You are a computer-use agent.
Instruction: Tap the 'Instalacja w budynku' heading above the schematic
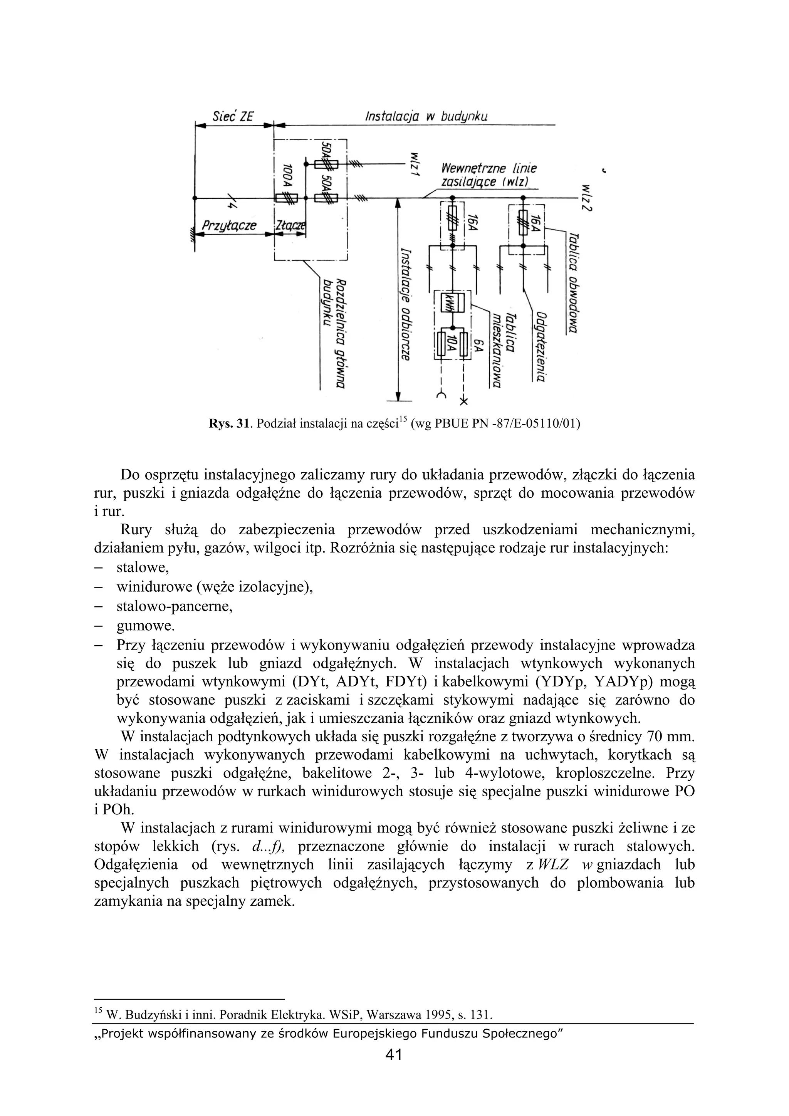click(x=426, y=117)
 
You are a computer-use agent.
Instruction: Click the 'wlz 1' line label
click(x=414, y=166)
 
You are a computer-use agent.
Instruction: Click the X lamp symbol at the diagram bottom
click(x=464, y=401)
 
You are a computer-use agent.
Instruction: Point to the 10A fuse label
click(x=453, y=344)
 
